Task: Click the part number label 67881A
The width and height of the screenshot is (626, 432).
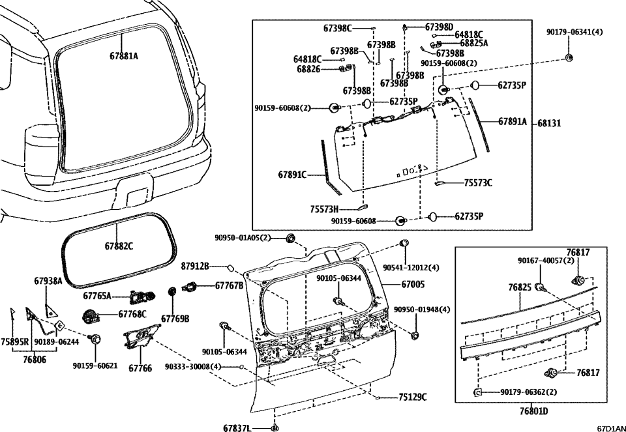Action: pyautogui.click(x=123, y=56)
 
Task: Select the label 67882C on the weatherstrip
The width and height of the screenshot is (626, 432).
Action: pyautogui.click(x=119, y=246)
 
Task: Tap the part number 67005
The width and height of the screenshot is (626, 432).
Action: pyautogui.click(x=412, y=284)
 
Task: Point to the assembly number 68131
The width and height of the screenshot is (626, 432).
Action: pyautogui.click(x=550, y=122)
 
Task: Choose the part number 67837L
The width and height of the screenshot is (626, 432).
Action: pyautogui.click(x=237, y=427)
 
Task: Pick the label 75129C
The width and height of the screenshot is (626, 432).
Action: pyautogui.click(x=413, y=397)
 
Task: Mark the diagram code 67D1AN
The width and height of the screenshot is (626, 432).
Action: pyautogui.click(x=610, y=428)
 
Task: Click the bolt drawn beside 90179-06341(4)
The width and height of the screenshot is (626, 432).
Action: pyautogui.click(x=569, y=58)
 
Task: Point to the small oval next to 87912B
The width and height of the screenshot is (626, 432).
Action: pyautogui.click(x=230, y=266)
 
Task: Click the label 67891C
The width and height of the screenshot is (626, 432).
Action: pyautogui.click(x=292, y=175)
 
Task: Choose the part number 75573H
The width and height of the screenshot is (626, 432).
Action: pyautogui.click(x=325, y=209)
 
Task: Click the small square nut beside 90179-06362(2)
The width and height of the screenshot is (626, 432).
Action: pyautogui.click(x=477, y=392)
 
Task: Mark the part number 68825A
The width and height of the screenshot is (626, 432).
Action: pyautogui.click(x=473, y=43)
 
